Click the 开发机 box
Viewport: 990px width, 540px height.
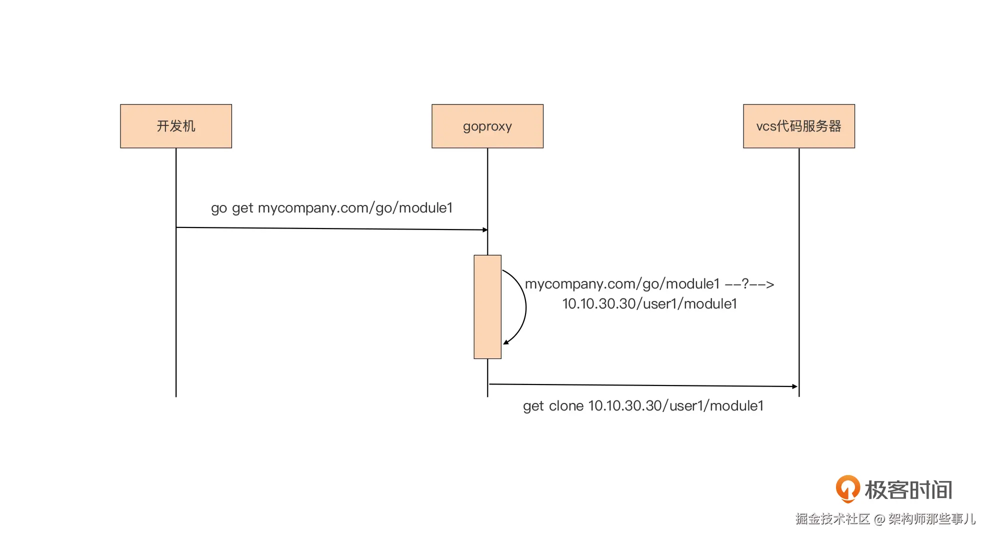[x=176, y=126]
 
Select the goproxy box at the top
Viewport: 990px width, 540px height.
[x=487, y=126]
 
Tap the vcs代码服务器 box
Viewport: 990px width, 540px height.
[x=799, y=126]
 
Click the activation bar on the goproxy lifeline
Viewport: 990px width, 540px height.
[x=487, y=307]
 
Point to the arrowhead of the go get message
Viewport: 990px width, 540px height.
[x=485, y=230]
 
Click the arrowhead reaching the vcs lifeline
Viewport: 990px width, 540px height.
[x=795, y=386]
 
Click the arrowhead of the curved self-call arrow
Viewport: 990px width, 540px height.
[x=505, y=342]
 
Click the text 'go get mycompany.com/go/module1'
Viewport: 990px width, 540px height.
[x=331, y=208]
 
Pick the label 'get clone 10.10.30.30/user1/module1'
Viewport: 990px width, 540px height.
[x=643, y=406]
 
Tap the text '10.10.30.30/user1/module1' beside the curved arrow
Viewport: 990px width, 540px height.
[x=649, y=304]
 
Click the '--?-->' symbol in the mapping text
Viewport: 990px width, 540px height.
[x=749, y=284]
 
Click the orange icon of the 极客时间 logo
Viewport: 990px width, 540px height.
[x=847, y=489]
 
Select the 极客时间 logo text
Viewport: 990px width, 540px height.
[x=908, y=490]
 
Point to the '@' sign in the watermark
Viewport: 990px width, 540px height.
[x=879, y=519]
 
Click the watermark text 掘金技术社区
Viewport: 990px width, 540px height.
[x=832, y=519]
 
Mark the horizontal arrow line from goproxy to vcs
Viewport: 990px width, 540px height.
[x=643, y=385]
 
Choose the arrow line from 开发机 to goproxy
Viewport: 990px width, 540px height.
[x=332, y=229]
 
